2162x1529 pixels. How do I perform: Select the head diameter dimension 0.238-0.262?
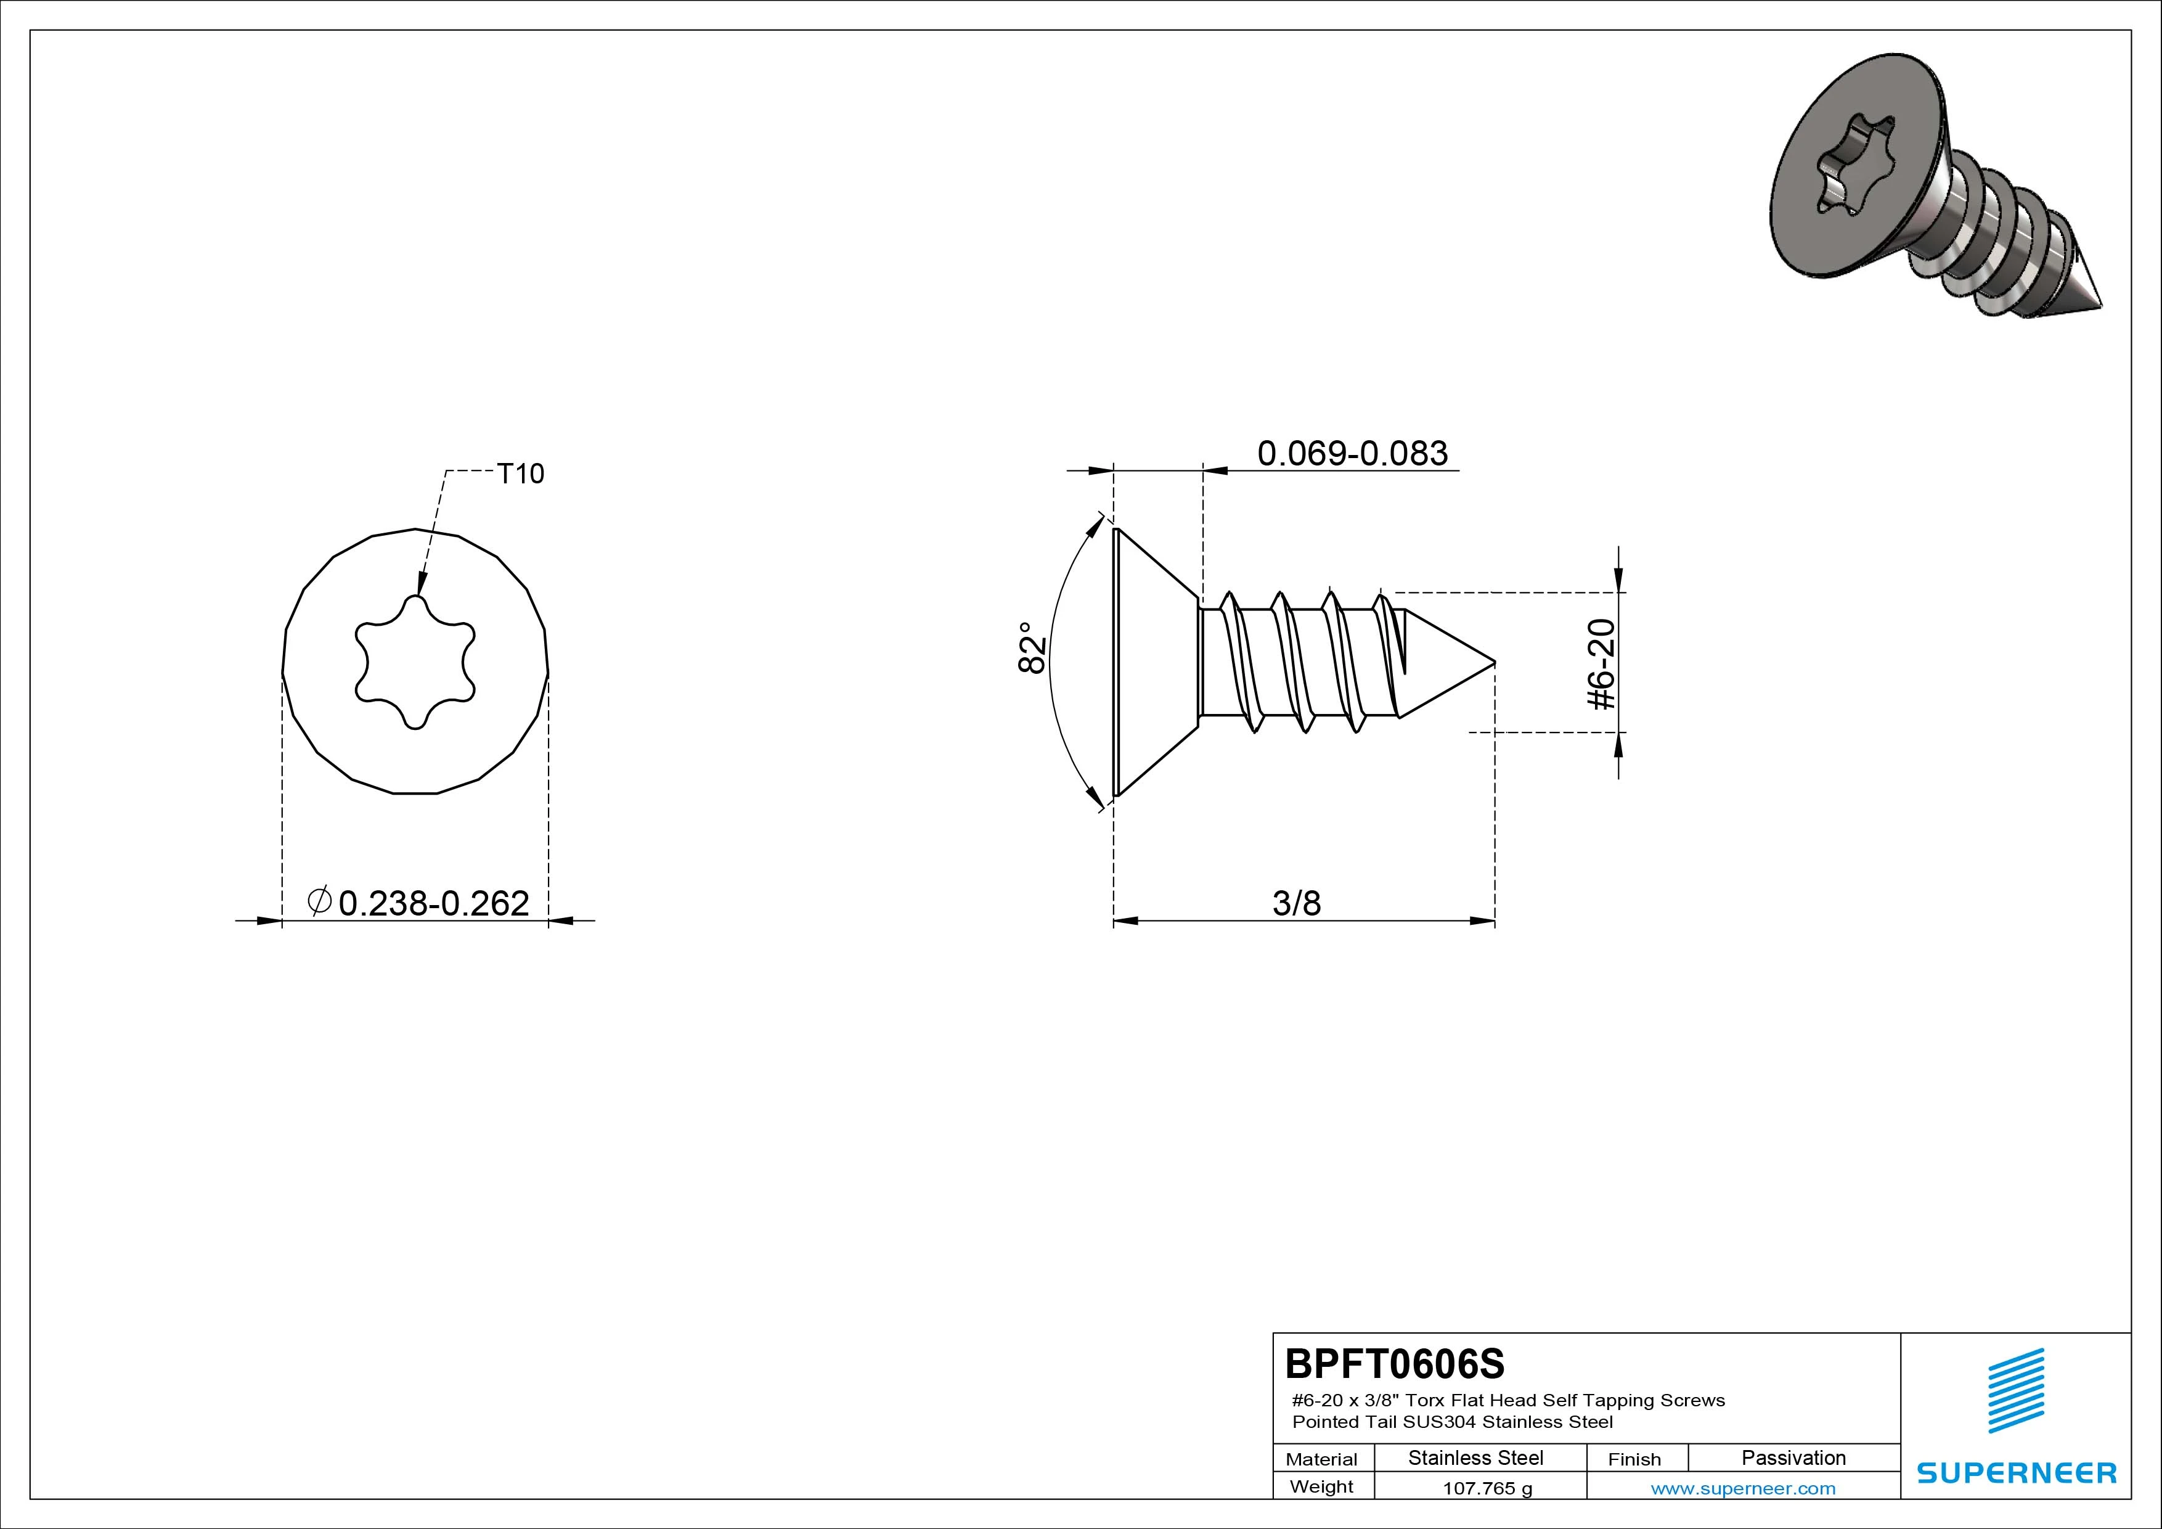(433, 903)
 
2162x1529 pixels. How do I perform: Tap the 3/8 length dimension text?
(1297, 903)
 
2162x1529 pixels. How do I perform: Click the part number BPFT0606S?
(1395, 1363)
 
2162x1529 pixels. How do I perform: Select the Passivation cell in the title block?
(1793, 1457)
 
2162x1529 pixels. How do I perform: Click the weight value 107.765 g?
(1488, 1488)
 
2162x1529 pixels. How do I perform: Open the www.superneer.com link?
(1743, 1488)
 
